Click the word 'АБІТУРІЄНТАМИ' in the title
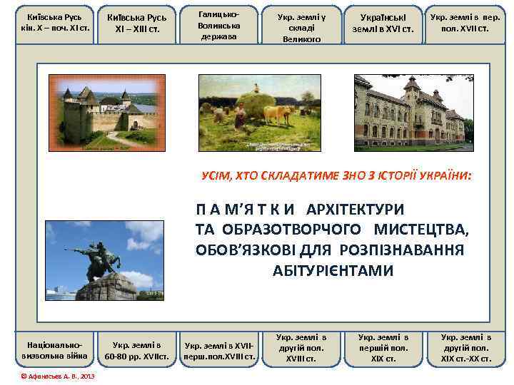point(333,270)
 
